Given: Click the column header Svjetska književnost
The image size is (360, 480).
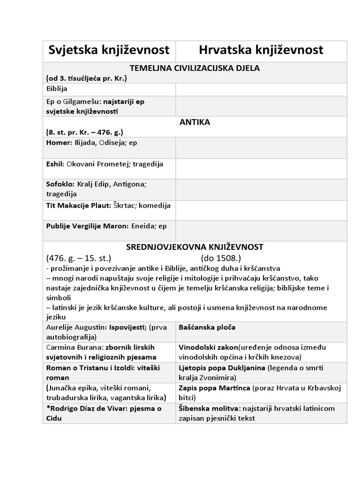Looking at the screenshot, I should coord(109,51).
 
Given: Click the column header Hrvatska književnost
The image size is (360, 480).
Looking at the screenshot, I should coord(261,51).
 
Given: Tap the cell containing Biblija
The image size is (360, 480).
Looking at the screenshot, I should coord(57,89).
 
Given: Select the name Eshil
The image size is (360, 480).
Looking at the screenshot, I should coord(55,164).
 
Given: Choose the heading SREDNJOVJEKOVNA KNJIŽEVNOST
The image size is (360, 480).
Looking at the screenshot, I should coord(195,247).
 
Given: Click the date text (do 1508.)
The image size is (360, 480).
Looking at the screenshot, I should coord(221,258).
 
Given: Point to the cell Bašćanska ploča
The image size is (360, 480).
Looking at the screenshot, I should coord(207,327).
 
